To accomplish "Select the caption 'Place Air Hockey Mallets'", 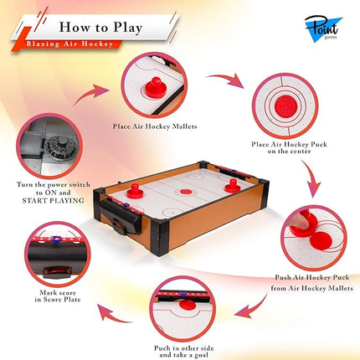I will (154, 127).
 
